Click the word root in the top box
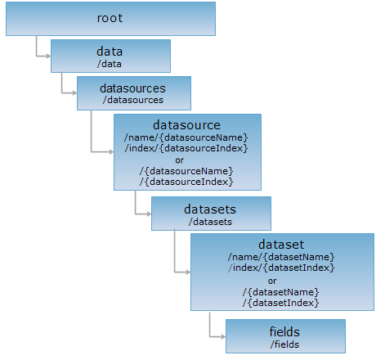pos(110,18)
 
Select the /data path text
pos(110,64)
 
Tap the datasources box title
pos(132,88)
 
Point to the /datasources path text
pos(133,100)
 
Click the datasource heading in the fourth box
pos(186,125)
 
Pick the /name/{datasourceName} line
pos(186,137)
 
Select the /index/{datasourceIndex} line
pos(186,148)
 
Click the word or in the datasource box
pos(180,160)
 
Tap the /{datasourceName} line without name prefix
pos(186,171)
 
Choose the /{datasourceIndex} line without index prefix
pos(186,182)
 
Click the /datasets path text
pos(210,222)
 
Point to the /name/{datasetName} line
pos(281,257)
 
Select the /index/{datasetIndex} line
pos(281,268)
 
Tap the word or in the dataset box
pos(272,281)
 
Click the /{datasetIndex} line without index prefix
pos(281,303)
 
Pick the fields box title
pos(284,332)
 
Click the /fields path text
pos(284,344)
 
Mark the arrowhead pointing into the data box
pos(48,56)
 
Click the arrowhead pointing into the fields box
pos(223,337)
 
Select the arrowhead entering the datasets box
pos(149,214)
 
